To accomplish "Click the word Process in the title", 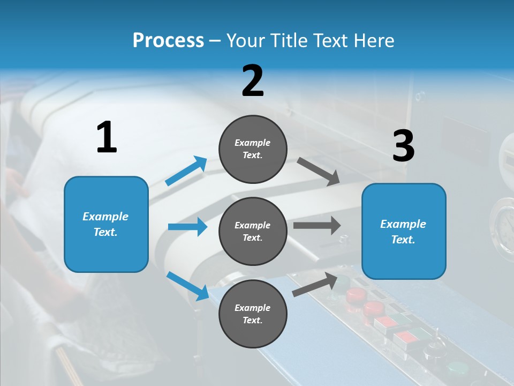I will [168, 41].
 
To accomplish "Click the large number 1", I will [107, 138].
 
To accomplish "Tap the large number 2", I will [253, 81].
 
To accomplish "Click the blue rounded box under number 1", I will [106, 224].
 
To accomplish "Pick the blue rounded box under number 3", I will [404, 232].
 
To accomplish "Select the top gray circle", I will [253, 149].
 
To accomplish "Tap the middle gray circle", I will [253, 232].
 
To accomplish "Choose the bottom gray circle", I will [253, 314].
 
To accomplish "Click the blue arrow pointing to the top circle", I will [186, 171].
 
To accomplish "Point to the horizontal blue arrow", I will [187, 227].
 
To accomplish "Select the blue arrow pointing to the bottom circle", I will [187, 285].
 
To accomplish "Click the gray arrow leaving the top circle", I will [318, 172].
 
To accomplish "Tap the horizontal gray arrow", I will [317, 226].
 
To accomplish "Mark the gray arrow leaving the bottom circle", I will [316, 284].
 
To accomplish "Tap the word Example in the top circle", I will [253, 143].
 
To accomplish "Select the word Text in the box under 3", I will [403, 240].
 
